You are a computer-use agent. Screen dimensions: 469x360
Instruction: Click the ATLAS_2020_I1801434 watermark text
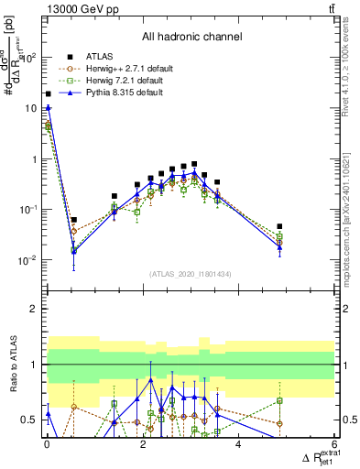191,274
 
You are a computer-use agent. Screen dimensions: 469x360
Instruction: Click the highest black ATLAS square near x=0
48,93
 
